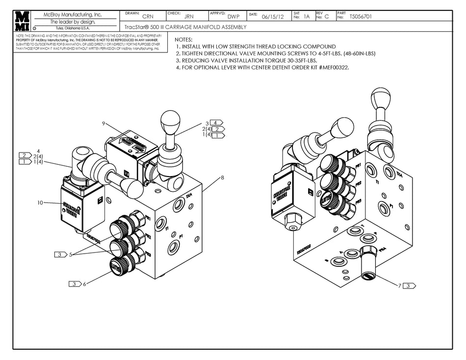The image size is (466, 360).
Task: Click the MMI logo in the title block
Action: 22,21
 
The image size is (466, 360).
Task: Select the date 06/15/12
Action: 273,17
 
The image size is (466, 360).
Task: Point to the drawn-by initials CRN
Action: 147,17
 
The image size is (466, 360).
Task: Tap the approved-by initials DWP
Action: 233,17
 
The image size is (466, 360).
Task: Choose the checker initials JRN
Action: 188,17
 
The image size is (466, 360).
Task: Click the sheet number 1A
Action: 307,17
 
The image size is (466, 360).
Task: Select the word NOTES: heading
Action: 183,39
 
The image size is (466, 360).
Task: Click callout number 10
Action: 41,202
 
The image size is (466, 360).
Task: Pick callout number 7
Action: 400,285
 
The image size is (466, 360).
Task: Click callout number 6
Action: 84,283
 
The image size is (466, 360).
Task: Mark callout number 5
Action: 71,255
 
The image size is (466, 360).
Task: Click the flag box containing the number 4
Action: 216,123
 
